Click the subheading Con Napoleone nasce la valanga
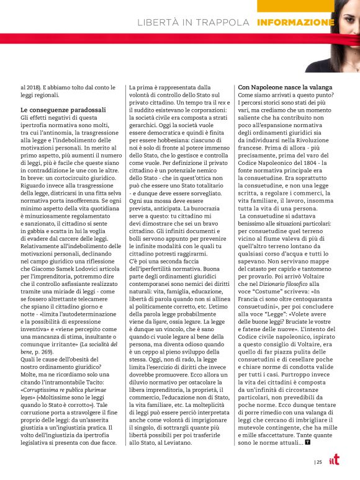tap(285, 87)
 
